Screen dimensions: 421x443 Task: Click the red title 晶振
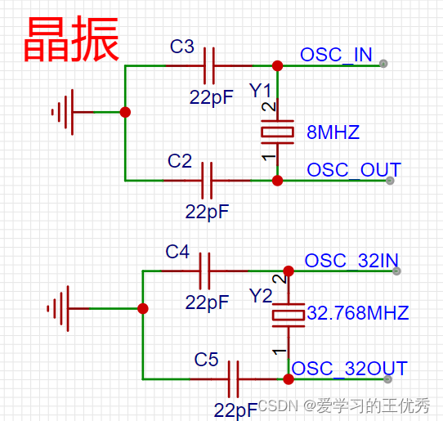coord(71,38)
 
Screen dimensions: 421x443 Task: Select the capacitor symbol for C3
coord(210,65)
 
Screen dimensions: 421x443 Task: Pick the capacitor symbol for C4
coord(205,271)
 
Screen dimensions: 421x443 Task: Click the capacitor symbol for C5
coord(234,378)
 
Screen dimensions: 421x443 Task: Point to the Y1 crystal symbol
coord(277,131)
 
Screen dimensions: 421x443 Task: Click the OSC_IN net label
coord(336,55)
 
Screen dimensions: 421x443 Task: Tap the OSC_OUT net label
coord(353,170)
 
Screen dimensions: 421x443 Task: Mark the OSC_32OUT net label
coord(349,369)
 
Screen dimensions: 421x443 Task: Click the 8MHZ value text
coord(333,132)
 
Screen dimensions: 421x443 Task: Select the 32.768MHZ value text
coord(357,313)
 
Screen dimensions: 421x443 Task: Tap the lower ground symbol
coord(60,309)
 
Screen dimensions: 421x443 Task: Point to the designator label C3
coord(181,47)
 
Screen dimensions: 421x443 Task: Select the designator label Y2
coord(260,295)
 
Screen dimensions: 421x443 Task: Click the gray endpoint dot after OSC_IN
coord(383,64)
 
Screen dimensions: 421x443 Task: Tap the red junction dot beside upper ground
coord(124,112)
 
